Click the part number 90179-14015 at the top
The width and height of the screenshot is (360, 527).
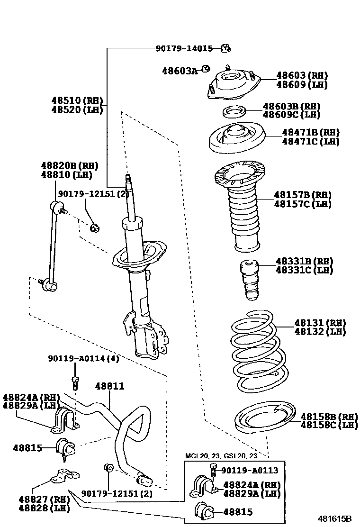point(184,48)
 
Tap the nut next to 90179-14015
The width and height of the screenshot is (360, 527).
point(225,48)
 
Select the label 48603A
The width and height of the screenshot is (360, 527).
point(180,71)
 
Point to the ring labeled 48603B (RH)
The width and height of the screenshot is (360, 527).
point(234,112)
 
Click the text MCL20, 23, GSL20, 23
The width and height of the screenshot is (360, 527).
point(221,456)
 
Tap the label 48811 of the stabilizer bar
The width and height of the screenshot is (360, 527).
point(110,386)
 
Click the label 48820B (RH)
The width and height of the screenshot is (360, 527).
point(69,165)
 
